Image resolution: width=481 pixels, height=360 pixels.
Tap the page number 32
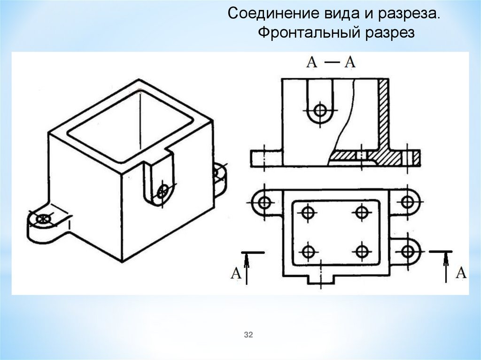248,335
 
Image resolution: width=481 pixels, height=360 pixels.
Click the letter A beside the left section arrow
236,273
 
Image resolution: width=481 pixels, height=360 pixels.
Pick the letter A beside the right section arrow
461,272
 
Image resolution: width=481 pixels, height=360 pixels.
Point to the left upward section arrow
246,269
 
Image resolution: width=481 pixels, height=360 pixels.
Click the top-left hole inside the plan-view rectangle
308,212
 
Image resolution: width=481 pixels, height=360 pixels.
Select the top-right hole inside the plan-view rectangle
362,212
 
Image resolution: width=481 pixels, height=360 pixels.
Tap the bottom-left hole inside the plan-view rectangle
308,252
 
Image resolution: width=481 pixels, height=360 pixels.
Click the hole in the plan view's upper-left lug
264,202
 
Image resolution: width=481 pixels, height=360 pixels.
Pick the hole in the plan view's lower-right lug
407,252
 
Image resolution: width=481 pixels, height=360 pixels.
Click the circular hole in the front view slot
320,110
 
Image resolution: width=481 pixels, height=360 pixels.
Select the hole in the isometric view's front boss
162,191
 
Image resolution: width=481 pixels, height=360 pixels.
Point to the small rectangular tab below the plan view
321,279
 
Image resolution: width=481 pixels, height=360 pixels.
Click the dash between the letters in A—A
332,62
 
